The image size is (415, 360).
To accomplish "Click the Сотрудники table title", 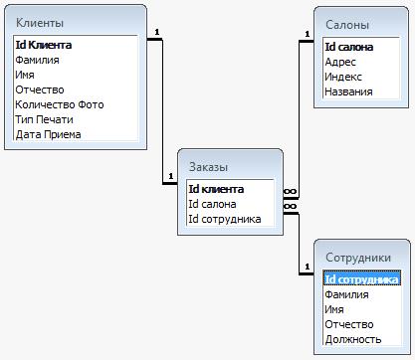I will point(358,258).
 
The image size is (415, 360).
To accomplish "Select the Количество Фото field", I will point(60,104).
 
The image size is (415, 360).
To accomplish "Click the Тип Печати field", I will point(45,119).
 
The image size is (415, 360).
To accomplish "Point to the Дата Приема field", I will point(49,134).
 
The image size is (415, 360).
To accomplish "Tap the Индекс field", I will point(343,77).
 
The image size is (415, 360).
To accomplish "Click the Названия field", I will point(349,91).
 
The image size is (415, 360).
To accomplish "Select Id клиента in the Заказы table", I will point(216,189).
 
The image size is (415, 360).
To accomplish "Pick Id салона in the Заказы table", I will point(212,204).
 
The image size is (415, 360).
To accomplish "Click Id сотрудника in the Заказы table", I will point(224,219).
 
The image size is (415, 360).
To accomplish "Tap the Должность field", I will point(353,339).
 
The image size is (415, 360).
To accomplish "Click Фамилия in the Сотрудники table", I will point(347,294).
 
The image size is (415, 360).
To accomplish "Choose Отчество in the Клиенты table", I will point(40,90).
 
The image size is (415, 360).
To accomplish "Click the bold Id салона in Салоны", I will point(348,47).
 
